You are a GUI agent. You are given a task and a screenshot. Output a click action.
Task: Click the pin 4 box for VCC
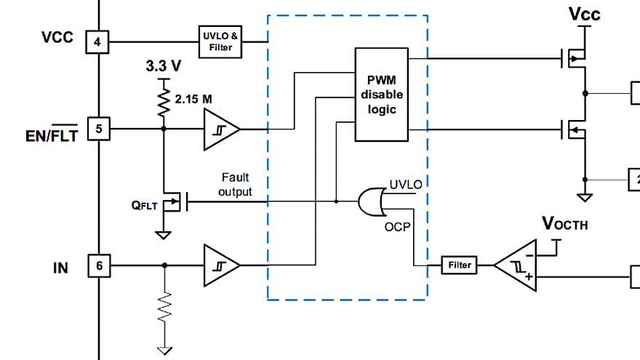click(x=97, y=41)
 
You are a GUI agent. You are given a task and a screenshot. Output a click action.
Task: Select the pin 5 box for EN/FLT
click(x=97, y=129)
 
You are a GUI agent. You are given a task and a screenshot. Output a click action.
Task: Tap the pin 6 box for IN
click(x=97, y=266)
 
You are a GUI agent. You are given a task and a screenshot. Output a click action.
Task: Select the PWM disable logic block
click(x=381, y=94)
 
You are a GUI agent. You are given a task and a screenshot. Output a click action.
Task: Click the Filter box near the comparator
click(x=460, y=265)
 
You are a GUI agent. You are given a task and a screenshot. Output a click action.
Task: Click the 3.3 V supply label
click(x=163, y=66)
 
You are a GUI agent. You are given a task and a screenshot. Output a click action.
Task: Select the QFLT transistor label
click(x=144, y=206)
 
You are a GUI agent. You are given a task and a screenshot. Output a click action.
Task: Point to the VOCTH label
click(x=564, y=224)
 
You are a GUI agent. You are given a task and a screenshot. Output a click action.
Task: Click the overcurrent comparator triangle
click(x=516, y=266)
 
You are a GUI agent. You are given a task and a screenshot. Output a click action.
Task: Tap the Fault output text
click(x=236, y=185)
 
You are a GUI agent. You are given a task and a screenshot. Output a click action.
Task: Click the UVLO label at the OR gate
click(x=405, y=185)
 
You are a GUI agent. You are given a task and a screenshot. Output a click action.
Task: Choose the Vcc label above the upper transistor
click(x=584, y=14)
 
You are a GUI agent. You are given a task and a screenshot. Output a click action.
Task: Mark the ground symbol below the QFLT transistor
click(x=164, y=234)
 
